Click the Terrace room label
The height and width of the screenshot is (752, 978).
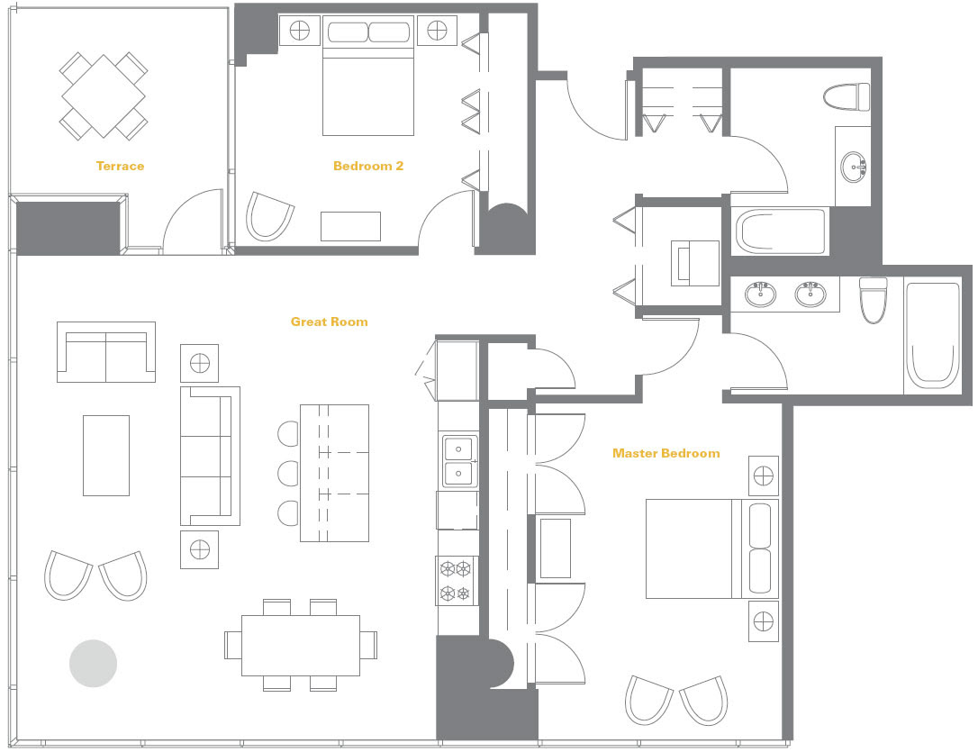(120, 166)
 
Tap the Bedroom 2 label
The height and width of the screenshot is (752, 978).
(368, 166)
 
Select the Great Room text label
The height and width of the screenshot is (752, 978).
(330, 322)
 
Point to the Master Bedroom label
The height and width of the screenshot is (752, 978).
(666, 453)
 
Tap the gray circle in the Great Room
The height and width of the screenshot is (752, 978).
(93, 664)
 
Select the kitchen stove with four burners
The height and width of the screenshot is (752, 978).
(456, 581)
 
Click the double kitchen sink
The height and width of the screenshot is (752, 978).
(459, 461)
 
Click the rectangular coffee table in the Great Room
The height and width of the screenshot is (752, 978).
(106, 456)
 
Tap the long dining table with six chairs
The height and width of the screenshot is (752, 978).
(301, 646)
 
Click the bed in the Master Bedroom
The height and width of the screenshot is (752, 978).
(711, 548)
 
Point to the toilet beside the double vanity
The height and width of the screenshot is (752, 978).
(873, 300)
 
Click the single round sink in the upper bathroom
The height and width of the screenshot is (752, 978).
(853, 167)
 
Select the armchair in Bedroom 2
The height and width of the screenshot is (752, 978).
(269, 216)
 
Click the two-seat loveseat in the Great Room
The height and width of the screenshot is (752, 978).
(106, 352)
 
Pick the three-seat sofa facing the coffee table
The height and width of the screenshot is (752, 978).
(210, 456)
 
